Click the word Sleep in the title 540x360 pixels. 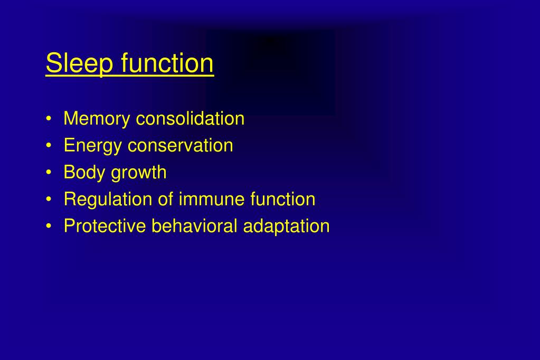(x=80, y=64)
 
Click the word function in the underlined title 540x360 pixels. (x=167, y=63)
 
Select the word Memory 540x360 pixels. (x=97, y=119)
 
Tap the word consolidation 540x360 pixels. (x=190, y=119)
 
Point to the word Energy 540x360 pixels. (x=93, y=146)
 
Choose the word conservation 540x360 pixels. (x=180, y=146)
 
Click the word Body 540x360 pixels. (x=84, y=173)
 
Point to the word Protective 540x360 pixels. (x=105, y=226)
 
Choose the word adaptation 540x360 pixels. (x=286, y=227)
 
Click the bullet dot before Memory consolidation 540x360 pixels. (x=49, y=119)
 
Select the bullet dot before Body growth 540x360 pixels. (x=49, y=173)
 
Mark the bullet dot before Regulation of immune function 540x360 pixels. (x=49, y=200)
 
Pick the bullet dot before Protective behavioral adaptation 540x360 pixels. (x=49, y=227)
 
